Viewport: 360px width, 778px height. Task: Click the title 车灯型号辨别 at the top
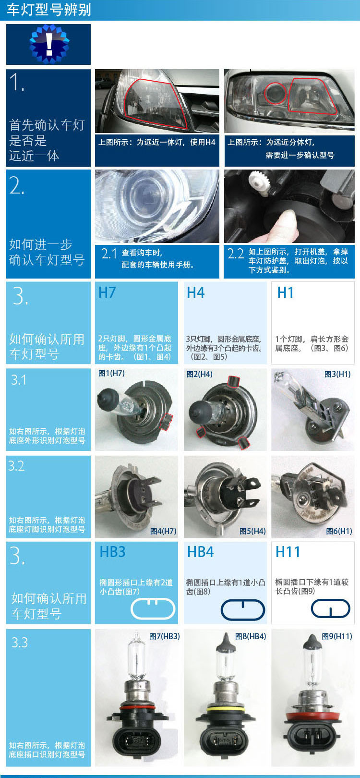(48, 10)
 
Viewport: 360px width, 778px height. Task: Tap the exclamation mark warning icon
(49, 44)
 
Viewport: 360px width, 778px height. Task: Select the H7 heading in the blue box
(107, 292)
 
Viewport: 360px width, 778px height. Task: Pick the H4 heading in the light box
(195, 292)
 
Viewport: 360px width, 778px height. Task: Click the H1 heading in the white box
(285, 292)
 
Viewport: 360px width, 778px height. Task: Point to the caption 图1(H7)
(111, 373)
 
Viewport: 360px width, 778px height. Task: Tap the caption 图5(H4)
(252, 531)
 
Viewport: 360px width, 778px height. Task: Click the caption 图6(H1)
(339, 531)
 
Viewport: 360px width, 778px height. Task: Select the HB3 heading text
(112, 552)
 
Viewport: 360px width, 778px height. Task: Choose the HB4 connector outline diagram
(243, 609)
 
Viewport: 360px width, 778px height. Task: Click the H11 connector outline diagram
(331, 609)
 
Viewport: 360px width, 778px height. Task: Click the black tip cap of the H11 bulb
(313, 641)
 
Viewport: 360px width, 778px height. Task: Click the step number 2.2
(236, 254)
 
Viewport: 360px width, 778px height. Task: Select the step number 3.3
(19, 642)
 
